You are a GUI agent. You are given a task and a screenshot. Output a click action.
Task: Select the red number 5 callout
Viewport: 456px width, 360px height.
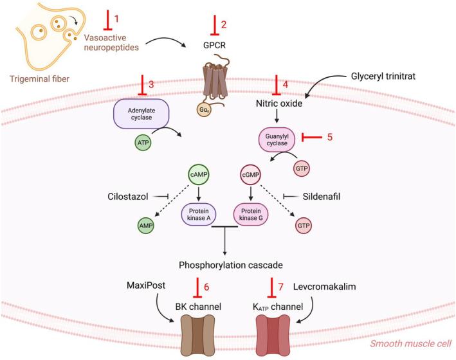tap(329, 137)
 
